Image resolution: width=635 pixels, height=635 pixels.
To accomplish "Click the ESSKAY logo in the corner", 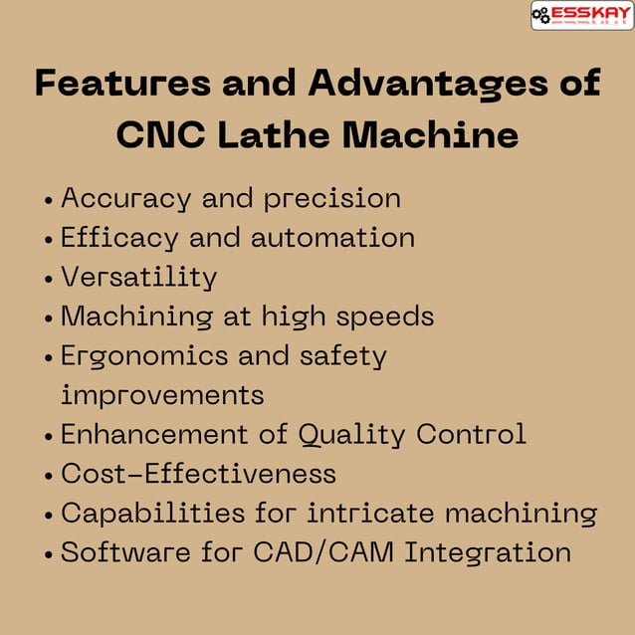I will (582, 15).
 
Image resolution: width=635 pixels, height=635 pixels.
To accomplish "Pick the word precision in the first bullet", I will (331, 198).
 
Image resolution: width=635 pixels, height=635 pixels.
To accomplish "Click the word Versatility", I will (138, 277).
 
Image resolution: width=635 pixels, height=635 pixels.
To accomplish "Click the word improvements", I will (162, 395).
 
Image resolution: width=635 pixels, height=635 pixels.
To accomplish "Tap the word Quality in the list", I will (352, 434).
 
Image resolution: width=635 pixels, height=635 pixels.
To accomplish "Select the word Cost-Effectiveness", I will (198, 474).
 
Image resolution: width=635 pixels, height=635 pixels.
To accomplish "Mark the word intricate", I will (370, 513).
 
